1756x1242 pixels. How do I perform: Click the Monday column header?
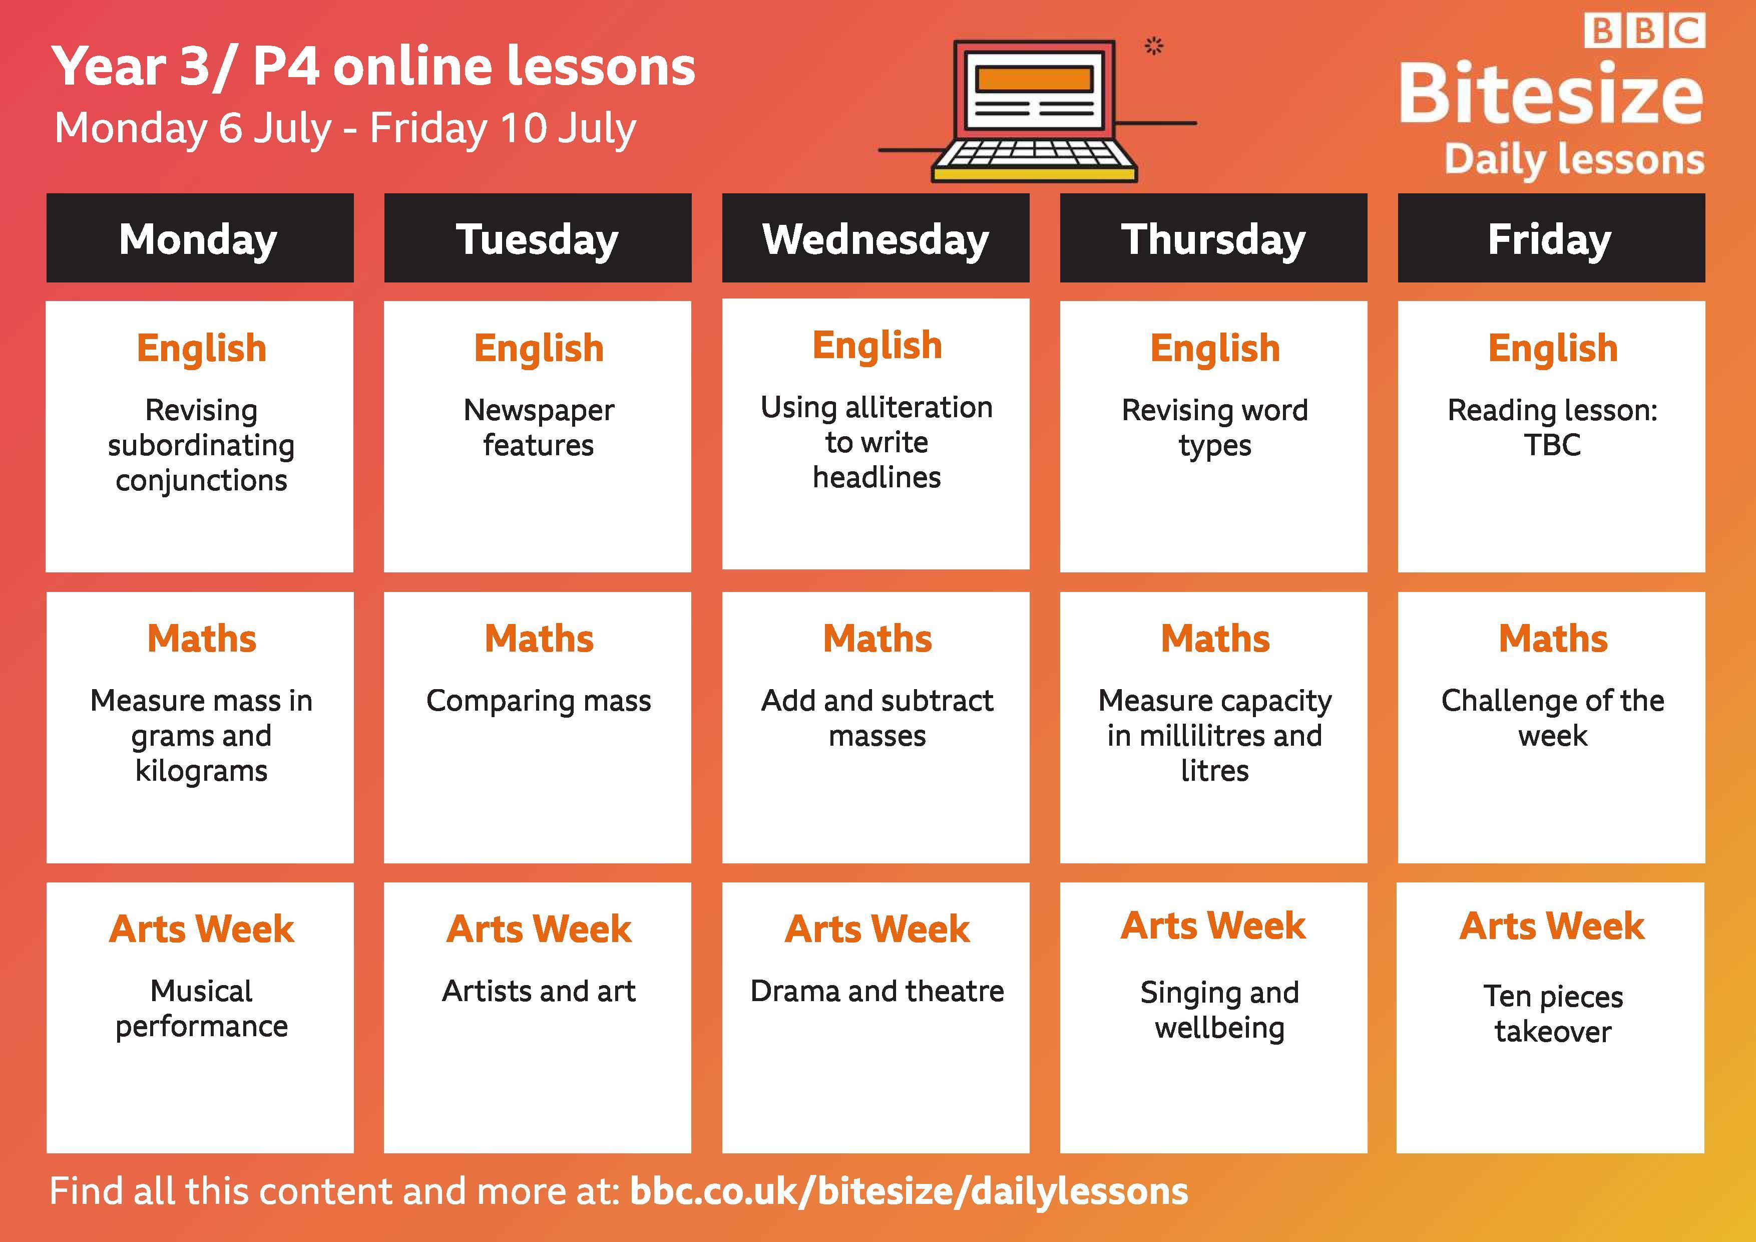tap(200, 238)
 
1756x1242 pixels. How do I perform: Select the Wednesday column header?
tap(875, 238)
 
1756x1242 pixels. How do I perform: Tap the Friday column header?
tap(1551, 238)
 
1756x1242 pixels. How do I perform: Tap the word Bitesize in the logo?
tap(1551, 94)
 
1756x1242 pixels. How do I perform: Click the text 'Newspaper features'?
tap(539, 427)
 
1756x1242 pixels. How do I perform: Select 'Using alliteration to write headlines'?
tap(876, 442)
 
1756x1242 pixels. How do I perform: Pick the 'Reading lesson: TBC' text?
tap(1553, 427)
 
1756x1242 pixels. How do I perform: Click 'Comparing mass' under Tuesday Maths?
tap(539, 700)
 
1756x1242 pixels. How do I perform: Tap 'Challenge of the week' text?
tap(1553, 718)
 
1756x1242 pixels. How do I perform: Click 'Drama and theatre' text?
tap(876, 991)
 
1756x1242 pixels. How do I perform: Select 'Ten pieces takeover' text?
tap(1553, 1013)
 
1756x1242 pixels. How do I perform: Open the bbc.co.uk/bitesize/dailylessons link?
tap(909, 1191)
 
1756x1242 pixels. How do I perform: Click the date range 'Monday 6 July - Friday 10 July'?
tap(345, 128)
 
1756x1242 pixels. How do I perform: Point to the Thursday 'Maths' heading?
tap(1214, 638)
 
